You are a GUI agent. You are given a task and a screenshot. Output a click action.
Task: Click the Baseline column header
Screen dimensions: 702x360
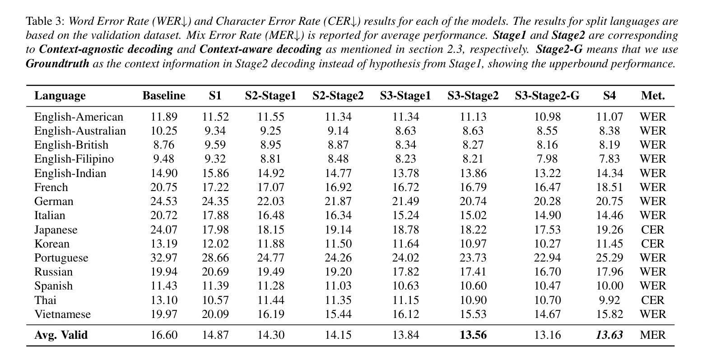[164, 95]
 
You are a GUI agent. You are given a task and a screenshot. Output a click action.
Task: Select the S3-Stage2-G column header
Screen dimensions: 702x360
[547, 95]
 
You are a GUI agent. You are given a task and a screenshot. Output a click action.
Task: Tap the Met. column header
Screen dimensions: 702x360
[653, 95]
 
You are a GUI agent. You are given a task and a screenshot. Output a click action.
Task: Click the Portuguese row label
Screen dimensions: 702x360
[61, 258]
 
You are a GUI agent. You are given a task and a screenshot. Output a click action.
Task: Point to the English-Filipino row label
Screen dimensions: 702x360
[74, 159]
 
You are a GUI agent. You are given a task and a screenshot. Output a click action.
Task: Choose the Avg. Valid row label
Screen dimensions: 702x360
[61, 335]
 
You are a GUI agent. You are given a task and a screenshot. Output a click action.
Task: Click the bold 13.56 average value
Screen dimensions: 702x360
[473, 335]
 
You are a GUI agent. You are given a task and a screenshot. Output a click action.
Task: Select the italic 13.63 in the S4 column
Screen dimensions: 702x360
[609, 335]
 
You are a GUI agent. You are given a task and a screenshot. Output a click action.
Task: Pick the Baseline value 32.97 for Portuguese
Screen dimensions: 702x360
[164, 258]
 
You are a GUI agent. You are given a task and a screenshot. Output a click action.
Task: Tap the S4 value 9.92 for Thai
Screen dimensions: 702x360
[609, 300]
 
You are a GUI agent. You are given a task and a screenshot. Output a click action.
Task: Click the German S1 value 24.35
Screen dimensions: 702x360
[215, 201]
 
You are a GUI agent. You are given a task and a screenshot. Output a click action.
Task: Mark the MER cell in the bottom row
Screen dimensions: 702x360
[653, 335]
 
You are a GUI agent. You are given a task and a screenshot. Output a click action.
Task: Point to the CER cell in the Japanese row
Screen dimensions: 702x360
[653, 229]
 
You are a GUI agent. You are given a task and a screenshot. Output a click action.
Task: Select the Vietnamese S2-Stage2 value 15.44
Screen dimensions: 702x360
[338, 314]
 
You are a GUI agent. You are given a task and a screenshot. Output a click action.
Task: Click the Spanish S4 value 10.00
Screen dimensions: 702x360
[609, 286]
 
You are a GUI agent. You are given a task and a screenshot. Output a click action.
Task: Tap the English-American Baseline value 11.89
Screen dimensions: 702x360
[164, 117]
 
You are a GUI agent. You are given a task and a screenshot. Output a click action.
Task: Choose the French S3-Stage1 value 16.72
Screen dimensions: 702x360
[405, 187]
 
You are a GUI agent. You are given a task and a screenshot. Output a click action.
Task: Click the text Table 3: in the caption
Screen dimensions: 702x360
[46, 21]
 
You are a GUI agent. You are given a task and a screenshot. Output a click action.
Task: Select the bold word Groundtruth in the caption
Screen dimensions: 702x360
[57, 64]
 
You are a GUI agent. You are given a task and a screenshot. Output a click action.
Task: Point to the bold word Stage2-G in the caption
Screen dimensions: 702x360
[559, 49]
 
